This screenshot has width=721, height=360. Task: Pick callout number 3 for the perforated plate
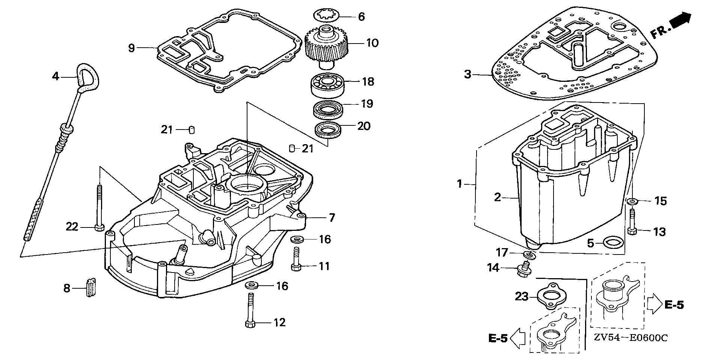(x=468, y=74)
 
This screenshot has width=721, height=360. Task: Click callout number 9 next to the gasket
(x=131, y=48)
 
